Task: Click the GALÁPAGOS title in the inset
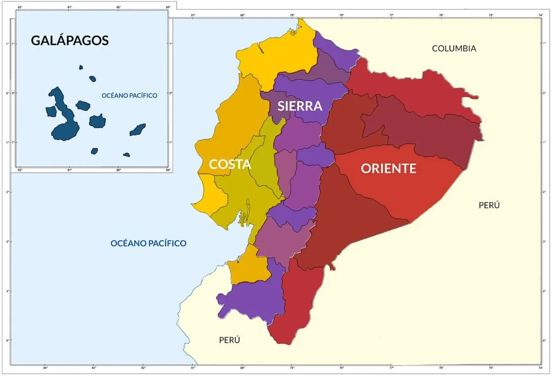[x=69, y=40]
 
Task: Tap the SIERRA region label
[x=300, y=106]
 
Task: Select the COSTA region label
[x=230, y=164]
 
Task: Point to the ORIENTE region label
[x=388, y=168]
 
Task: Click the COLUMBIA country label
[x=454, y=48]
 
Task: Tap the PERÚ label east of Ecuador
[x=489, y=205]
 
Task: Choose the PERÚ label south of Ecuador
[x=229, y=340]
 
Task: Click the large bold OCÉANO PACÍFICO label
[x=149, y=243]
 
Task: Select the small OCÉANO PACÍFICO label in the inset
[x=129, y=96]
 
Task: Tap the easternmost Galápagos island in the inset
[x=138, y=130]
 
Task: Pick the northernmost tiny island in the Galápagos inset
[x=81, y=67]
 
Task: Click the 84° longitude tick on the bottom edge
[x=45, y=368]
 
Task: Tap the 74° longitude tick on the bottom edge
[x=540, y=368]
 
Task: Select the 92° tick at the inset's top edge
[x=19, y=7]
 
